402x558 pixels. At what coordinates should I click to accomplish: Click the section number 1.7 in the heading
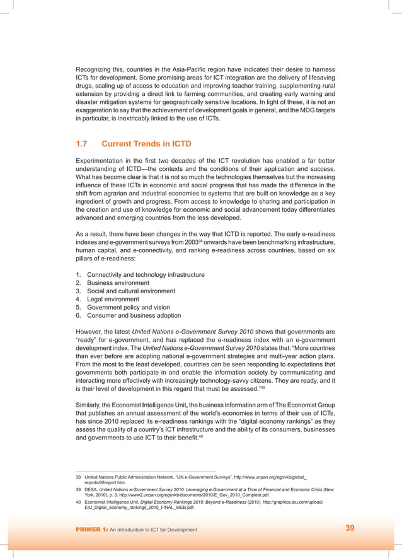83,144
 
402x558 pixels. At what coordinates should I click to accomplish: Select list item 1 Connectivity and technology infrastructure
145,275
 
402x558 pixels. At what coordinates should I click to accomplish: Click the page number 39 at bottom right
350,528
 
